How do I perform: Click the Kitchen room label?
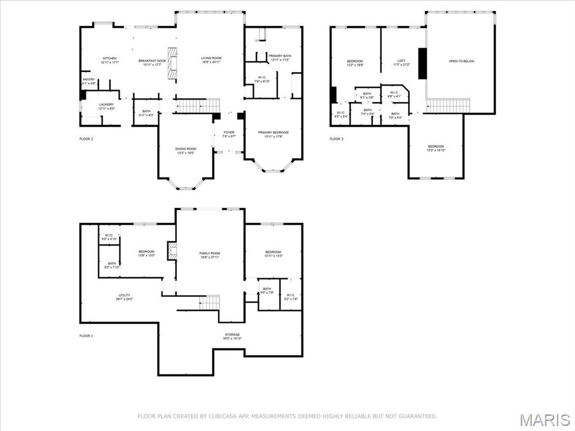[x=109, y=58]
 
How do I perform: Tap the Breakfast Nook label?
[x=152, y=61]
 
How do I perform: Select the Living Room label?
[x=212, y=58]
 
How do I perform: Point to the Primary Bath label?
[x=279, y=56]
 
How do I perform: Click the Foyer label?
[x=229, y=132]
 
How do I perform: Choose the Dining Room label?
[x=185, y=149]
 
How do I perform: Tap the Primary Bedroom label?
[x=273, y=132]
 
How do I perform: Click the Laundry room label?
[x=107, y=104]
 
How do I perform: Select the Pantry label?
[x=89, y=80]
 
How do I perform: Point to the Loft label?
[x=401, y=61]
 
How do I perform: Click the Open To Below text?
[x=461, y=61]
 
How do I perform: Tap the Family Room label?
[x=209, y=254]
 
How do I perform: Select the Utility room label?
[x=124, y=295]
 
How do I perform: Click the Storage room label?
[x=232, y=335]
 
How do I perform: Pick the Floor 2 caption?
[x=86, y=139]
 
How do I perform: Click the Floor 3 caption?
[x=336, y=139]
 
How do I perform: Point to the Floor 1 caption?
[x=86, y=336]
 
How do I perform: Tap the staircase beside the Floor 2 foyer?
[x=198, y=105]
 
